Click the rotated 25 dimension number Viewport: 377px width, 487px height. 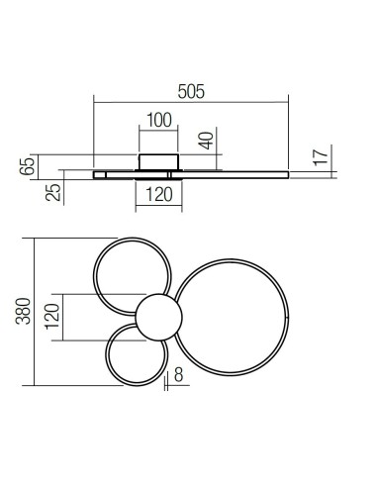click(56, 188)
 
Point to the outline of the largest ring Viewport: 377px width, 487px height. click(288, 317)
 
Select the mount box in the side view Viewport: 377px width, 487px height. click(157, 161)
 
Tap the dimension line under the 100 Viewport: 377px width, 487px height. click(157, 131)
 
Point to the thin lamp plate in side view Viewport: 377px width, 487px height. click(237, 174)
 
